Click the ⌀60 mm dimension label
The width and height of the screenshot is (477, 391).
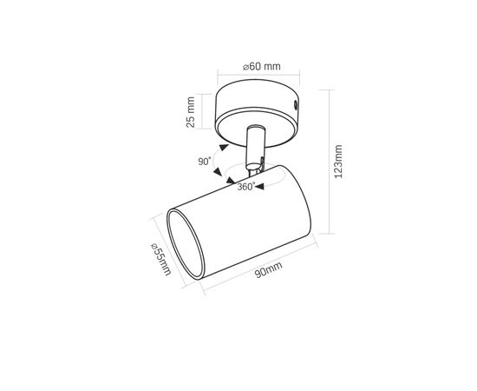click(262, 66)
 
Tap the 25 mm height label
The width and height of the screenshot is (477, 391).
click(191, 112)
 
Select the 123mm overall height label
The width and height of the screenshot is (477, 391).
click(338, 162)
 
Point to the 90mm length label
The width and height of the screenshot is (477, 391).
click(268, 269)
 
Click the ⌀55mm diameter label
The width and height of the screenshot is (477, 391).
click(161, 259)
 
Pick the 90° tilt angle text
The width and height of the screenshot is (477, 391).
click(205, 162)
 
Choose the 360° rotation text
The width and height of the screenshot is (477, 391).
click(246, 187)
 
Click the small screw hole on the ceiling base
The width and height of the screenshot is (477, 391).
click(295, 105)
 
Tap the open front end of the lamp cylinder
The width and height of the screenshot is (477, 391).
click(185, 244)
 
